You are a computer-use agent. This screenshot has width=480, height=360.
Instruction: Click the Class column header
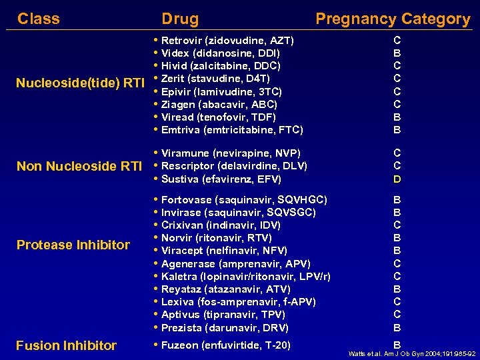tap(38, 19)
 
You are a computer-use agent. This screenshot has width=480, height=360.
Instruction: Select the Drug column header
tap(180, 19)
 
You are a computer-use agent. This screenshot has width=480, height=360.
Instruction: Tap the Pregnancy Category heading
tap(393, 19)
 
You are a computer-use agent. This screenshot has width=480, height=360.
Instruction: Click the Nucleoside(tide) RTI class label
tap(80, 83)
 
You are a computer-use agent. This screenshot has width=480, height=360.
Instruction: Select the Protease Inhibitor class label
tap(73, 245)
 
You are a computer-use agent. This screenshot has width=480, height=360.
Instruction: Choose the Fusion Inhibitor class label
tap(67, 345)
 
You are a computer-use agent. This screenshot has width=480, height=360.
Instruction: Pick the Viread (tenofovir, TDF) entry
tap(218, 117)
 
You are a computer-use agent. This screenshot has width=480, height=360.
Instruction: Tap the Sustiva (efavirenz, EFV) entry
tap(221, 179)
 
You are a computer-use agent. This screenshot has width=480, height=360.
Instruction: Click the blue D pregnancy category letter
tap(397, 179)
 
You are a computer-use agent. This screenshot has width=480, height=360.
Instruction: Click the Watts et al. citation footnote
tap(412, 354)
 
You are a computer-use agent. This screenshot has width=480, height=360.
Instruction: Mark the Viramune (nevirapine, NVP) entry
tap(231, 153)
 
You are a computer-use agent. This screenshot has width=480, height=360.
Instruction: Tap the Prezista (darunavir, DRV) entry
tap(225, 328)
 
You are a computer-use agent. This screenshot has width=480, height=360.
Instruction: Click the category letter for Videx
tap(397, 53)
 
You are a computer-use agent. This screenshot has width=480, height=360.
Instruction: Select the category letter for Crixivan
tap(397, 225)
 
